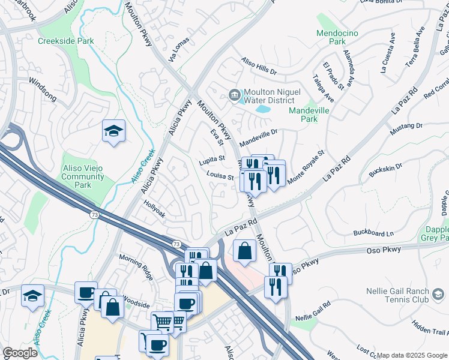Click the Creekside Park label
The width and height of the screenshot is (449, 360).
[x=66, y=41]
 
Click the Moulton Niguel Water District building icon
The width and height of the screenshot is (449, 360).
[x=234, y=94]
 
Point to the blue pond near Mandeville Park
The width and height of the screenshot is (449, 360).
[x=263, y=109]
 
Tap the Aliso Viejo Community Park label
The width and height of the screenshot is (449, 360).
[x=83, y=173]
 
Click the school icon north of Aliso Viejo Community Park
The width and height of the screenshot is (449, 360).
[x=113, y=131]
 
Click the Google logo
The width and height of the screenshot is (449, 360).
[x=20, y=353]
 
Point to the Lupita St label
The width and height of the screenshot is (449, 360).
[x=212, y=160]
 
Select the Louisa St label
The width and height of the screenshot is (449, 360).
[x=220, y=176]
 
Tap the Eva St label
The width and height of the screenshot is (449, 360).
[x=217, y=137]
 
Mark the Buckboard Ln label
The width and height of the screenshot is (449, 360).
[x=373, y=233]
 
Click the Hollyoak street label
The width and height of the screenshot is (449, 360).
[x=155, y=209]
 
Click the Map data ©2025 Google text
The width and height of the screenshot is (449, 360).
[x=411, y=355]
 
